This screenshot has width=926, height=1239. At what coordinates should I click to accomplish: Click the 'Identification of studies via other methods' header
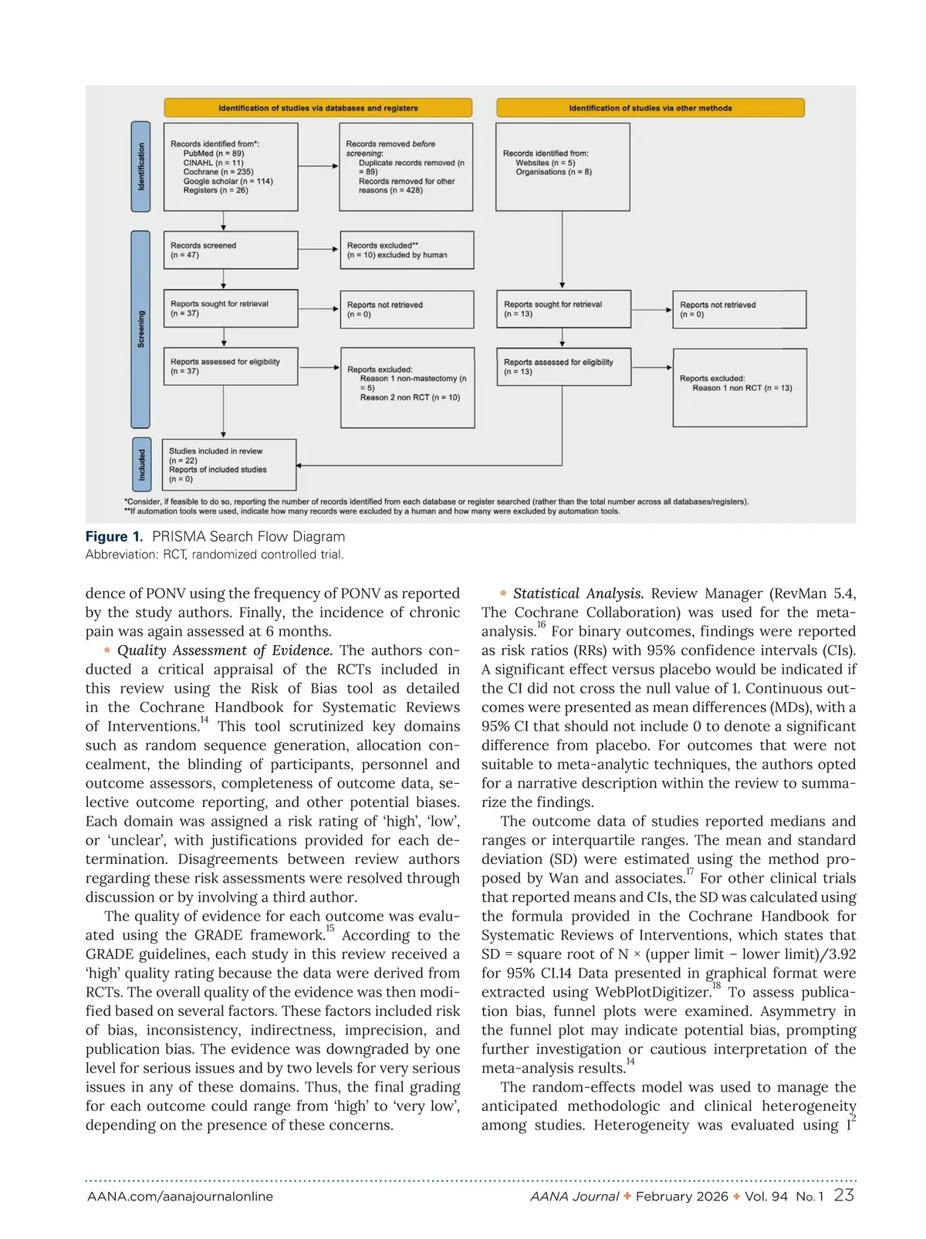tap(650, 108)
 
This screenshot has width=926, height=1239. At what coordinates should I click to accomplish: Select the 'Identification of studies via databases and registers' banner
tap(318, 108)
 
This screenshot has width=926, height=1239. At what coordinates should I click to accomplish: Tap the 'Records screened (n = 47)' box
tap(230, 250)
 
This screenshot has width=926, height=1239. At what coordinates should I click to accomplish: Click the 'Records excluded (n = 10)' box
tap(407, 250)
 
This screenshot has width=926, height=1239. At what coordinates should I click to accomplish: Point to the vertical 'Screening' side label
tap(140, 329)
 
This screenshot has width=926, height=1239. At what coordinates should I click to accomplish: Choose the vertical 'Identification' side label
tap(140, 167)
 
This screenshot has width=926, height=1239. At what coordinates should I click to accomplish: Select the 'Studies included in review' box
tap(230, 464)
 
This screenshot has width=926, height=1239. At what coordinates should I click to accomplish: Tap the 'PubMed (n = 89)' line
tap(214, 154)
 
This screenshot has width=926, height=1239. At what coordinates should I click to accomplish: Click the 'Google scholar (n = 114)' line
tap(228, 181)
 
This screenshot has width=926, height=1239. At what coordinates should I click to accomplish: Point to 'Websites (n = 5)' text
tap(546, 163)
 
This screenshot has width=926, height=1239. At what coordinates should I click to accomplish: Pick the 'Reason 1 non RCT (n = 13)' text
tap(742, 388)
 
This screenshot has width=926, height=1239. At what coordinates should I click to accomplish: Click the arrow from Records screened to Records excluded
tap(319, 250)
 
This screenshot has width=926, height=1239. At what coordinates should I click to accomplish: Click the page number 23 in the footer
tap(843, 1195)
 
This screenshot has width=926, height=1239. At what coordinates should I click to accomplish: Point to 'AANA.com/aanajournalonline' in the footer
tap(180, 1197)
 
